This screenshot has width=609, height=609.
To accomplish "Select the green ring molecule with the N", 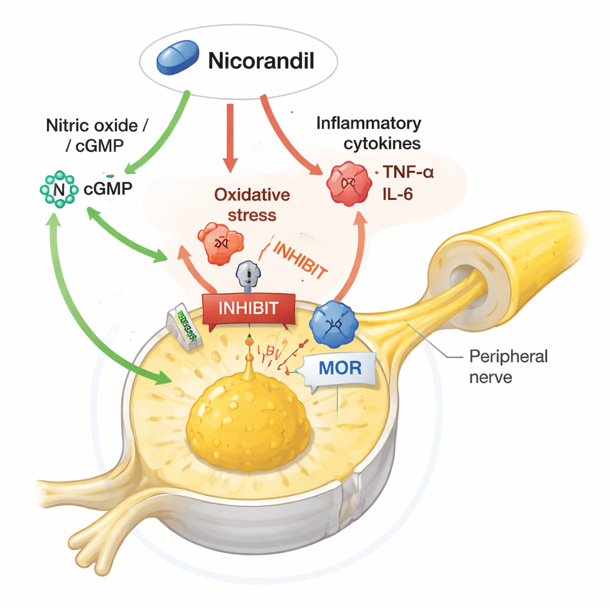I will (x=58, y=189).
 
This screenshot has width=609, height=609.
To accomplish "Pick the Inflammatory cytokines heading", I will (x=368, y=133).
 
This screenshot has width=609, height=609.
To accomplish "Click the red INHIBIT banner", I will (x=249, y=309).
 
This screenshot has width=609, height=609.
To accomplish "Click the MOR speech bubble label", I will (x=340, y=367).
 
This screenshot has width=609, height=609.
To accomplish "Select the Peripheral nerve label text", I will (x=508, y=366).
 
